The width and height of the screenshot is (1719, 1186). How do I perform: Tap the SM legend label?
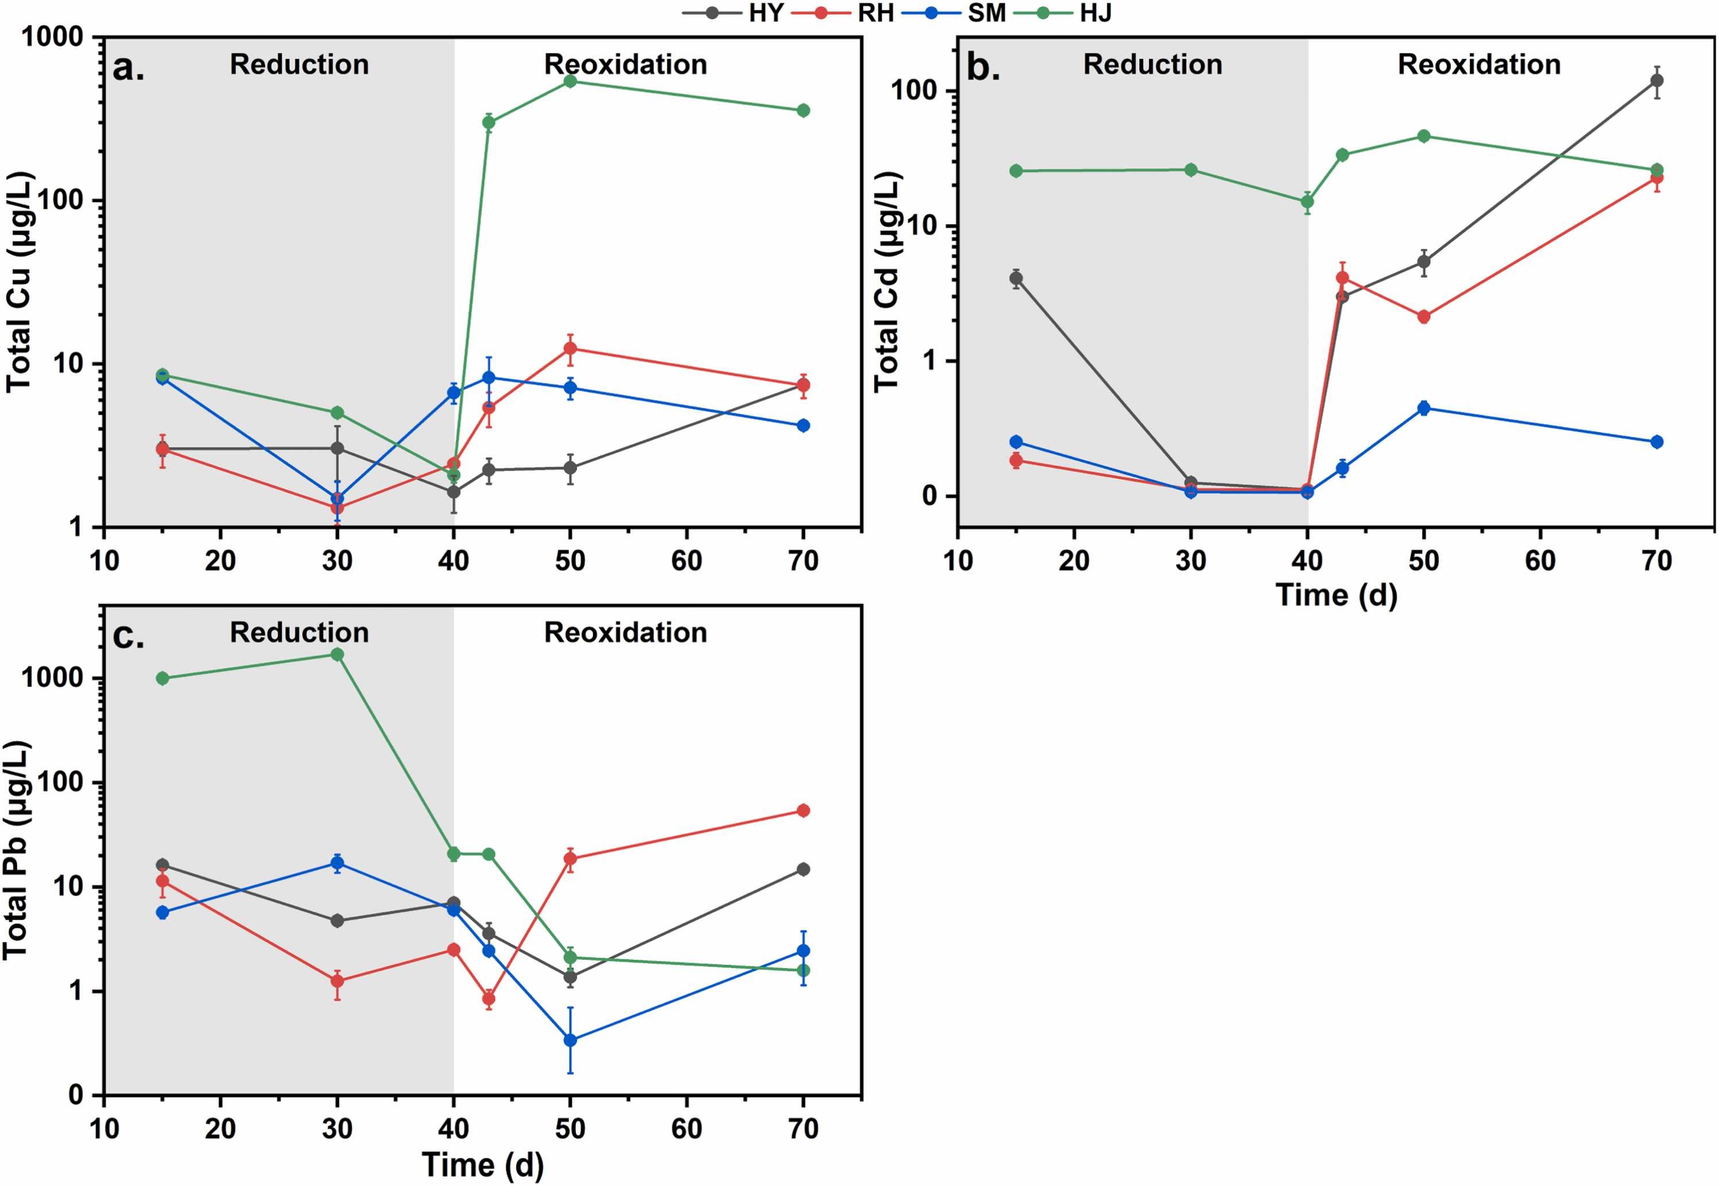[986, 13]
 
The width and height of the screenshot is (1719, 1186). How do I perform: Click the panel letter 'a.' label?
[129, 68]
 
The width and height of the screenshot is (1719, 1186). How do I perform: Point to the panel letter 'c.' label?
[129, 636]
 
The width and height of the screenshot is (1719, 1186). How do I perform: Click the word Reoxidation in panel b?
[1479, 65]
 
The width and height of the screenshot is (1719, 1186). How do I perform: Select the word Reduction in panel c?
[299, 632]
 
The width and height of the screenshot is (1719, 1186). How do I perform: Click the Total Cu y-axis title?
[18, 282]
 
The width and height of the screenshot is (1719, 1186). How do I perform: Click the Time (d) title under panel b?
[1336, 595]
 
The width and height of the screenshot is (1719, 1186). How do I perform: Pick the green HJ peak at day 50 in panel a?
[570, 80]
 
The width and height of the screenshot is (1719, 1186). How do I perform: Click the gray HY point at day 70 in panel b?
[1656, 80]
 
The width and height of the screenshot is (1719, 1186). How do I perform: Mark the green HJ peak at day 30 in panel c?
[337, 654]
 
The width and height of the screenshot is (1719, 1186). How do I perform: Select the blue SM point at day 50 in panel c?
[570, 1040]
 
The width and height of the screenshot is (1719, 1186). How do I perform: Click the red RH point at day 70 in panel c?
[803, 810]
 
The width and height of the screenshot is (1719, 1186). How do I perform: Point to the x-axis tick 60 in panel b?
[1540, 561]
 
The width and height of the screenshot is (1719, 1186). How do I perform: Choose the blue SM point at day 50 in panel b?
[1424, 408]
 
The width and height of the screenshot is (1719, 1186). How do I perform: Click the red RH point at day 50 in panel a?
[570, 348]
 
